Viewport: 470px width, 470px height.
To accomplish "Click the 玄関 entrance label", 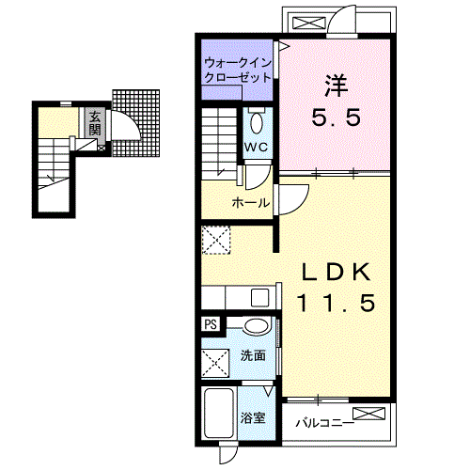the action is click(95, 123).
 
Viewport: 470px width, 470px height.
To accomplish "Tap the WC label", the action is click(256, 147).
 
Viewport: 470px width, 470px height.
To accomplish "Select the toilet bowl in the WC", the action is click(257, 123).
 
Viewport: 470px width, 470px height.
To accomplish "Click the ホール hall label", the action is click(251, 203).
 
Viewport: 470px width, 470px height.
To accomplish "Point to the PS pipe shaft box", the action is click(211, 324).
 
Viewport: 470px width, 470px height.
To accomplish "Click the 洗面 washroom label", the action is click(253, 355).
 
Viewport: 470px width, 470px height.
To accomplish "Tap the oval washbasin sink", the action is click(257, 326).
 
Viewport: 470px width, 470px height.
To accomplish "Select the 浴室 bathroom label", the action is click(253, 417).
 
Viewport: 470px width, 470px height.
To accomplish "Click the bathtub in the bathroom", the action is click(219, 413).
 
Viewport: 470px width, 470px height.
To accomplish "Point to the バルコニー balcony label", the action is click(325, 423).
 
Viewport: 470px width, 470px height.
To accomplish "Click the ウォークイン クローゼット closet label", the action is click(237, 70).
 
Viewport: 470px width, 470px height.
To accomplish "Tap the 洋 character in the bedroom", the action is click(337, 86).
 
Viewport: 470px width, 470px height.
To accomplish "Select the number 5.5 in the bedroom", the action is click(337, 117).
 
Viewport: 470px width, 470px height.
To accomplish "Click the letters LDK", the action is click(337, 273).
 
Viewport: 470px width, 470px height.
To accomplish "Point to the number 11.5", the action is click(337, 303).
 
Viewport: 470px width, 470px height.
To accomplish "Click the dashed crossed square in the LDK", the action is click(216, 240).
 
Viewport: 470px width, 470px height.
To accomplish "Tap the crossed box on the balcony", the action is click(368, 414).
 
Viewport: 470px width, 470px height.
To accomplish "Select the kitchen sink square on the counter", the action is click(260, 298).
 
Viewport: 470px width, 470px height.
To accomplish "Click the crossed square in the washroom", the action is click(215, 363).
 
